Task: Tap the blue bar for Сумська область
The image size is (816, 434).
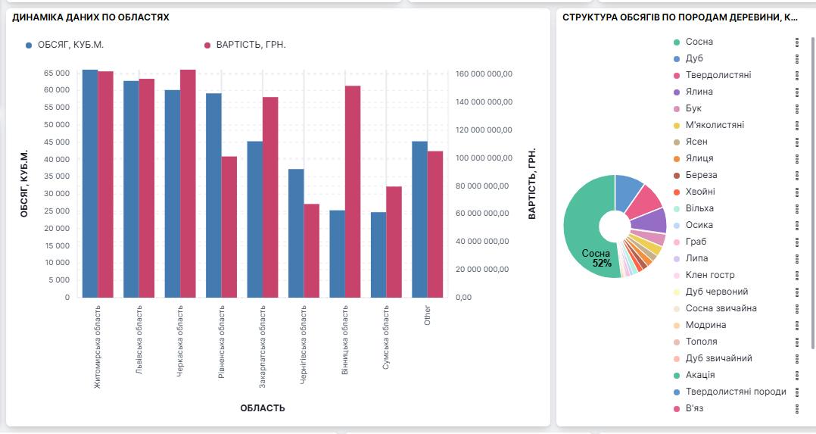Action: point(378,254)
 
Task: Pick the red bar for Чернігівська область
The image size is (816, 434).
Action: point(311,251)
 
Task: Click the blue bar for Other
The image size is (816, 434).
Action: point(419,219)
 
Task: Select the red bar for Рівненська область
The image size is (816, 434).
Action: point(229,226)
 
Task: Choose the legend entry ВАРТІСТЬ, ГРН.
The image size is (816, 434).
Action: point(251,45)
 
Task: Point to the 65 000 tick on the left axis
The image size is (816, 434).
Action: point(57,73)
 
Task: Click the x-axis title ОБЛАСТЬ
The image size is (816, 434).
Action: point(263,408)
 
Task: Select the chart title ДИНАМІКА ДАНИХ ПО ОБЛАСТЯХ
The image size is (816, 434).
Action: point(91,17)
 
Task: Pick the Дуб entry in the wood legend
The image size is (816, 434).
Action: point(694,58)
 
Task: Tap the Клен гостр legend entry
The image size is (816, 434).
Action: point(709,275)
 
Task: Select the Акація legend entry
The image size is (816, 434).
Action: point(699,375)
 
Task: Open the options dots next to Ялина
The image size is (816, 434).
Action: point(797,92)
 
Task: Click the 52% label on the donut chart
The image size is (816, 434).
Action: point(602,263)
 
